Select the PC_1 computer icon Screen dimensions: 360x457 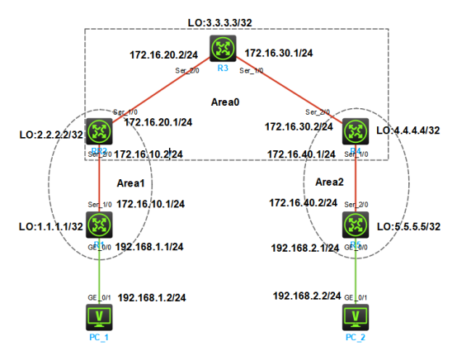pos(100,316)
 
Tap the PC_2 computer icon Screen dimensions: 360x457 pos(356,316)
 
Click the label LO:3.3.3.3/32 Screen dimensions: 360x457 pos(219,18)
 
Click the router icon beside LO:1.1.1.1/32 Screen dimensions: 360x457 pos(100,224)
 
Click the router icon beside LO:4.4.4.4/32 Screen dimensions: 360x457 pos(356,130)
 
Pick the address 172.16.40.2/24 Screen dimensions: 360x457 pos(304,202)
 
